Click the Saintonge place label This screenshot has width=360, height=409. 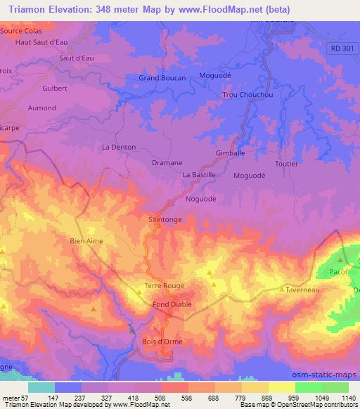[167, 220]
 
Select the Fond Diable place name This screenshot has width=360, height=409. [172, 304]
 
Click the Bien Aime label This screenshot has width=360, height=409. [86, 241]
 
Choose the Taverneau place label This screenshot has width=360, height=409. [304, 289]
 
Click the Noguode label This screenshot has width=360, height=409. [200, 199]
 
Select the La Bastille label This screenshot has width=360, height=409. [199, 174]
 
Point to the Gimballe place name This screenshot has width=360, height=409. [230, 152]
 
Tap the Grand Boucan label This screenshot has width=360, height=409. [162, 77]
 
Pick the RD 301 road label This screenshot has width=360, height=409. [342, 48]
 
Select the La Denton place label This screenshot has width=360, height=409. [118, 147]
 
